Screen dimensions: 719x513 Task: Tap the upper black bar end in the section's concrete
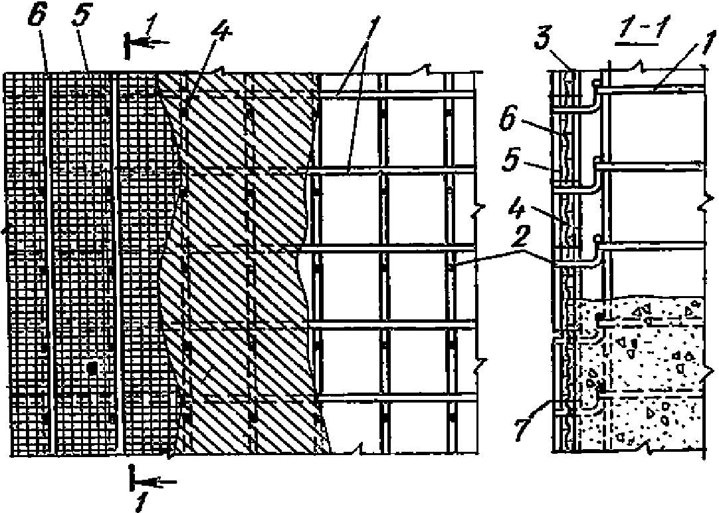[599, 319]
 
